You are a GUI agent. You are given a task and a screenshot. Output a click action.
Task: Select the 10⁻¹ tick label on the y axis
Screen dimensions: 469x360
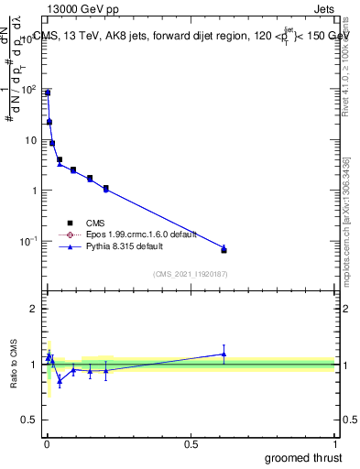click(x=27, y=241)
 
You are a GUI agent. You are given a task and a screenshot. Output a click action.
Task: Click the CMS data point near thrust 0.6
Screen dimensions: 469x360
click(x=224, y=250)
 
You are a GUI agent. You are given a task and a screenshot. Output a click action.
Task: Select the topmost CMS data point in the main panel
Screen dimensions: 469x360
click(x=48, y=93)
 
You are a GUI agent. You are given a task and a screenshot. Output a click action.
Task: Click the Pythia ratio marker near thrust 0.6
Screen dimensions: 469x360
click(x=224, y=354)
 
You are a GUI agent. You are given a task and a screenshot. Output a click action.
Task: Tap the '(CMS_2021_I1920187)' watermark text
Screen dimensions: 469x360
click(x=190, y=274)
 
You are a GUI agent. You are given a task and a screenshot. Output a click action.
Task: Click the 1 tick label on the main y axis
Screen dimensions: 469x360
click(x=34, y=191)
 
